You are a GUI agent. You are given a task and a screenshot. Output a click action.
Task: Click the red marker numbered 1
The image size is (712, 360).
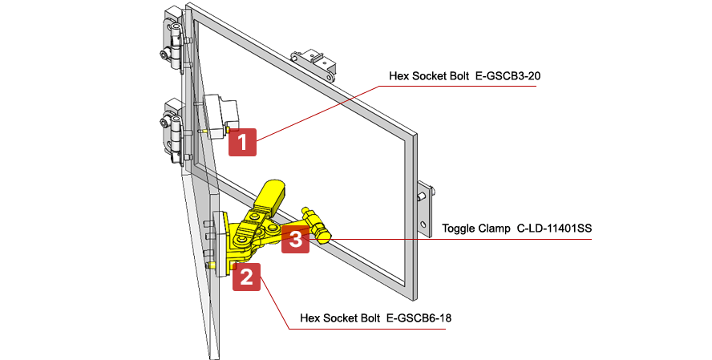[x=242, y=142]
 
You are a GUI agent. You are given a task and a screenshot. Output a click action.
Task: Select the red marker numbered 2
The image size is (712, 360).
[x=246, y=277]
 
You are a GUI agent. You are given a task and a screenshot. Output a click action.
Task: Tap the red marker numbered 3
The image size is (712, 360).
[x=295, y=240]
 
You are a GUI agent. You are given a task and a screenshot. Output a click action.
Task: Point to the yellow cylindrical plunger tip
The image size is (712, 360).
[x=324, y=235]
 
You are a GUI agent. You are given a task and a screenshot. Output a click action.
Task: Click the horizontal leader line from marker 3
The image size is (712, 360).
[x=465, y=239]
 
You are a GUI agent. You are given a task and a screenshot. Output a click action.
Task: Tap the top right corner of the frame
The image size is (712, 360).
[x=415, y=135]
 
